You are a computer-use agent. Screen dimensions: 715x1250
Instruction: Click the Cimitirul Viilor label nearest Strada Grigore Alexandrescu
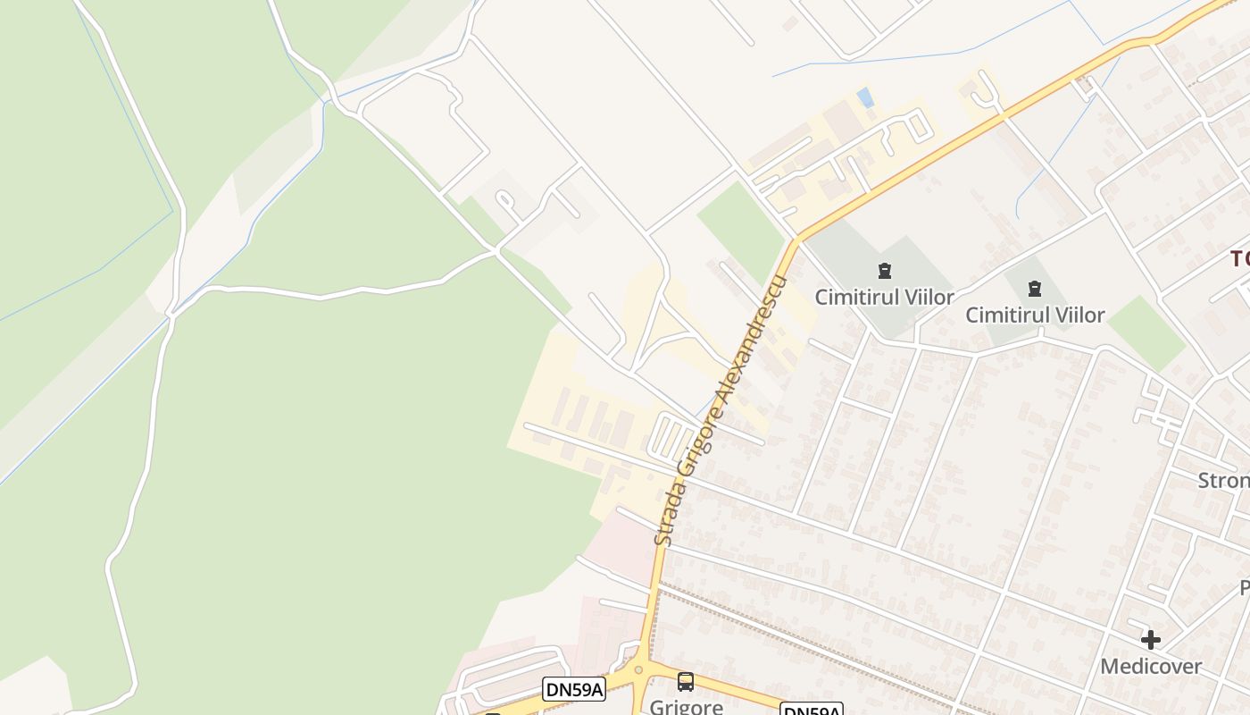(884, 297)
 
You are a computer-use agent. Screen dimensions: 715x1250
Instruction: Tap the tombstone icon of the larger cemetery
(884, 270)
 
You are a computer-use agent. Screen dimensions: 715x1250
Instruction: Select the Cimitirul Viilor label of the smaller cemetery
(1035, 315)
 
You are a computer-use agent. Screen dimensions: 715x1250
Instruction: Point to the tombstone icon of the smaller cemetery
(1034, 288)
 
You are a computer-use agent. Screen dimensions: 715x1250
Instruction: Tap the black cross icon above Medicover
(1150, 639)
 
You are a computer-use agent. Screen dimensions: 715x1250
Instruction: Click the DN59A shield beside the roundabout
(573, 688)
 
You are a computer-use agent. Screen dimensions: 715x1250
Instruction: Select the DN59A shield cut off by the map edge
(811, 711)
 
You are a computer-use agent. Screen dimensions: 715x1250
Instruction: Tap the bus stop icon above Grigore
(685, 681)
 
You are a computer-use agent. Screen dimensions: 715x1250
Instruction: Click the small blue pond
(864, 97)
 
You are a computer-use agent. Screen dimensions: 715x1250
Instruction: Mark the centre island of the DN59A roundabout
(637, 670)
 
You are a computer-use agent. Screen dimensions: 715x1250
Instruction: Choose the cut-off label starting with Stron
(1223, 480)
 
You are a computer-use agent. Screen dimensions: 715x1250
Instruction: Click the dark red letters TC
(1239, 259)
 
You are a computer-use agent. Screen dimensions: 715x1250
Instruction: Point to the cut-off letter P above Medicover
(1244, 588)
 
